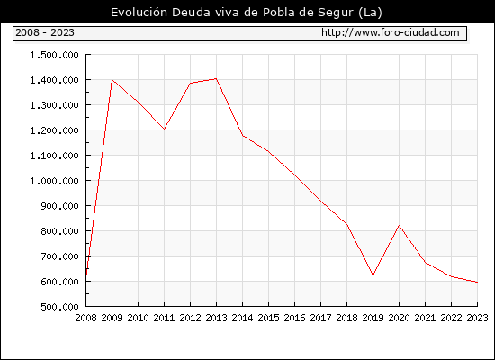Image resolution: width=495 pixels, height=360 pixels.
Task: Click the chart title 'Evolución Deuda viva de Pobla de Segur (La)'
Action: point(247,13)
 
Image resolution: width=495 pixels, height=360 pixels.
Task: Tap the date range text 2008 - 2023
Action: point(45,32)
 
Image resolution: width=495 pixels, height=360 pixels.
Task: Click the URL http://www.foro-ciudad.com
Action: point(391,32)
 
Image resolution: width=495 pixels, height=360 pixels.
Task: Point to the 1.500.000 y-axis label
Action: point(54,55)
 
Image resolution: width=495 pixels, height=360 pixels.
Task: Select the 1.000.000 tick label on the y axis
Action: point(54,181)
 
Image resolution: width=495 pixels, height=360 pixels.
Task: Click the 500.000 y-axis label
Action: point(59,307)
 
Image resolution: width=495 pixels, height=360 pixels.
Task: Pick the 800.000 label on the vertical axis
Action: point(59,231)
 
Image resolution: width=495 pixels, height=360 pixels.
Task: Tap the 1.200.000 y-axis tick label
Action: point(54,130)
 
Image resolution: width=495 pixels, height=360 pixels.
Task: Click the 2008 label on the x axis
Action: point(85,318)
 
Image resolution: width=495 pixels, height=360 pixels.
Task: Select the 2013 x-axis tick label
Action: point(216,318)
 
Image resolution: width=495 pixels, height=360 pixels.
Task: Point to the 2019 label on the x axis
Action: point(373,318)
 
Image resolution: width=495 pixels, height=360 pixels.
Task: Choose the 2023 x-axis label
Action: point(477,318)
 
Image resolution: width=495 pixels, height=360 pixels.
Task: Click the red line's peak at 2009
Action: point(112,79)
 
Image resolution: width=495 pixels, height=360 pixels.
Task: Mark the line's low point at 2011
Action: point(164,130)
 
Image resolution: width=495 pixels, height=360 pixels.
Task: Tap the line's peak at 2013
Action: point(216,78)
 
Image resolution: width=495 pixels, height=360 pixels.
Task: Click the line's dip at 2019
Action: point(373,275)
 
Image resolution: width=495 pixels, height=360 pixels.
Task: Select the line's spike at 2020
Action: point(399,225)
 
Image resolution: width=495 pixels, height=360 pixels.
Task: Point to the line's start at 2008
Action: point(86,275)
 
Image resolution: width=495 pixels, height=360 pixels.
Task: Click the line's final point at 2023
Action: point(477,282)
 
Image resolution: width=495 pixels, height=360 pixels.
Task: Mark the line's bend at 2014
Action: point(242,136)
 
